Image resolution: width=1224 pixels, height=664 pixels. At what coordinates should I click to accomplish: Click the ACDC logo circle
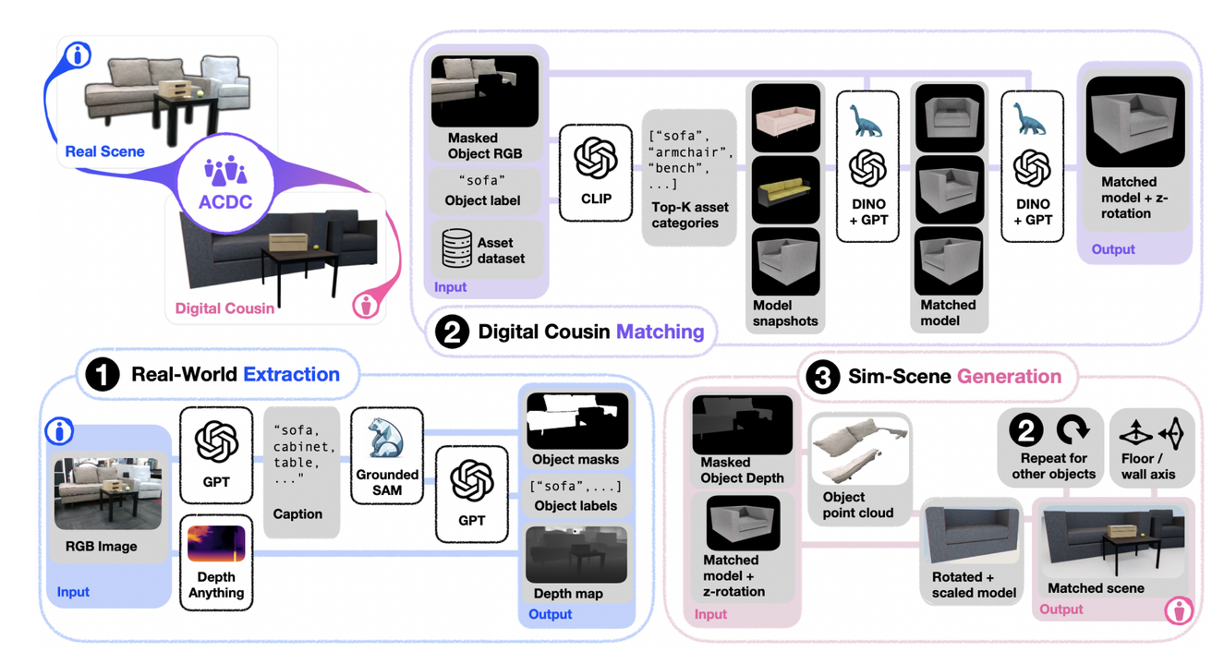(226, 183)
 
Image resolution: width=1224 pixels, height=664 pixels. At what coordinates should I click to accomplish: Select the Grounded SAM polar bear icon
(387, 437)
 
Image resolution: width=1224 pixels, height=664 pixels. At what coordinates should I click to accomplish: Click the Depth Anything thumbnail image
(216, 543)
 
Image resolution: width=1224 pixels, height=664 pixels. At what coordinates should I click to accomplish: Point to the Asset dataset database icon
(457, 248)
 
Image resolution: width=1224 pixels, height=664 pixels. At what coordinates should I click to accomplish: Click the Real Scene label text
(104, 152)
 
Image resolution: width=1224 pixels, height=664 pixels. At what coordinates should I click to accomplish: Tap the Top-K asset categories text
(690, 215)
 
